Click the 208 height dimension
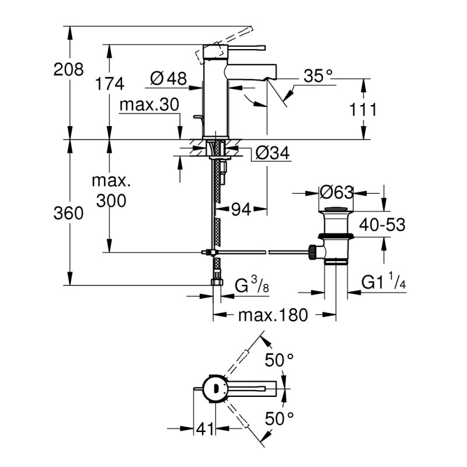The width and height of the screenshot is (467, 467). (x=68, y=71)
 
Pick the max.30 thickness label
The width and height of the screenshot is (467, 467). (x=148, y=105)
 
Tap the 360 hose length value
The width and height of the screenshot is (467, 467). (x=68, y=214)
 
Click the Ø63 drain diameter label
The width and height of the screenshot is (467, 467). (x=337, y=191)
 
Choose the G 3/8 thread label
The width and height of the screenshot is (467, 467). (x=251, y=286)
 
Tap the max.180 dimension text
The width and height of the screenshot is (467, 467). (x=272, y=316)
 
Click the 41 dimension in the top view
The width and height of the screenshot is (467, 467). (x=204, y=430)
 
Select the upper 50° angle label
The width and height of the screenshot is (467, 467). (x=279, y=360)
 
